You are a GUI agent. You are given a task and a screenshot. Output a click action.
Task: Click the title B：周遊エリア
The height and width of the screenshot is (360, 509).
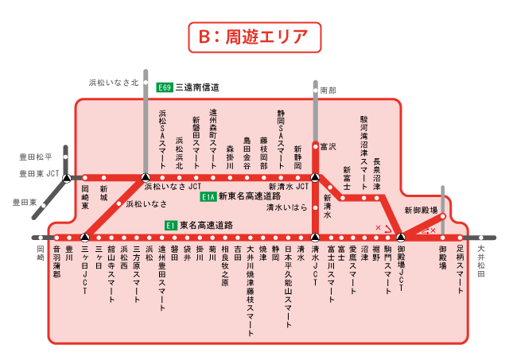(254, 37)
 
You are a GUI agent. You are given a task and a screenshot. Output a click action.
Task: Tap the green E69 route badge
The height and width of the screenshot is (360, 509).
(165, 87)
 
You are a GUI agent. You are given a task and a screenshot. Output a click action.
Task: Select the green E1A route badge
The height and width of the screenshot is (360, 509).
(208, 197)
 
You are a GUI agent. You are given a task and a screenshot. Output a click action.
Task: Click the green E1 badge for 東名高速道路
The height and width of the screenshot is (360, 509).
(170, 226)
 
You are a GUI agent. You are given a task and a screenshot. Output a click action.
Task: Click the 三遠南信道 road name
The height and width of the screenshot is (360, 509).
(197, 87)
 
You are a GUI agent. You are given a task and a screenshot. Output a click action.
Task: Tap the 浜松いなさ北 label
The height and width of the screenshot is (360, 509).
(113, 82)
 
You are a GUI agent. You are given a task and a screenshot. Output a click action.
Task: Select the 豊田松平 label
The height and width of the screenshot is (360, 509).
(37, 157)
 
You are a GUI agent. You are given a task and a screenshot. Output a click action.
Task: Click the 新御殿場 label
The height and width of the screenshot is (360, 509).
(421, 211)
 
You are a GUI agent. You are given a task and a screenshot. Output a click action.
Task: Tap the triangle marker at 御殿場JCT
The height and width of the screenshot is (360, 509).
(401, 237)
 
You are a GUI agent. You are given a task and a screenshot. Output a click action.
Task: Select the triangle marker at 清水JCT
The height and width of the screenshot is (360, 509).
(316, 237)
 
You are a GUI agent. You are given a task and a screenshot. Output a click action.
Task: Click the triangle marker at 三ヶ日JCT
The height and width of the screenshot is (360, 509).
(84, 237)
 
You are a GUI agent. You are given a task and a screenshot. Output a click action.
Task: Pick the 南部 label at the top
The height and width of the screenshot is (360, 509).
(328, 91)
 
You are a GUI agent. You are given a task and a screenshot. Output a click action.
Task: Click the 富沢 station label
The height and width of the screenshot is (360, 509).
(328, 147)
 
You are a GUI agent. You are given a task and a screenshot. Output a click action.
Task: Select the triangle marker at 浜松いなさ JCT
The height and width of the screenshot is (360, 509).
(145, 177)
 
